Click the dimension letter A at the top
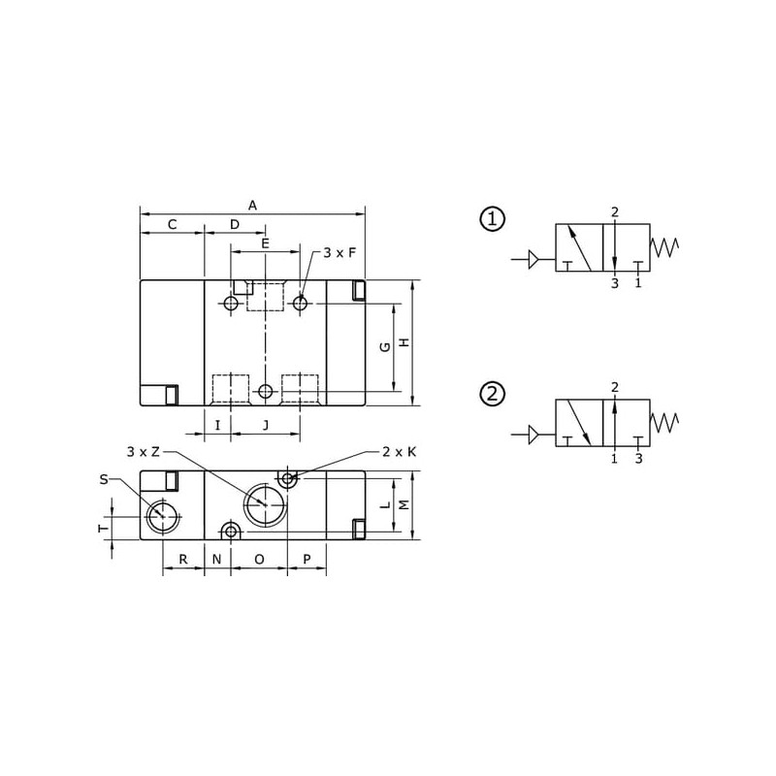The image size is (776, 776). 252,206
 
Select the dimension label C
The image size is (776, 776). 173,225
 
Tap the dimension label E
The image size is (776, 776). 265,243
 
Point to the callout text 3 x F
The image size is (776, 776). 339,253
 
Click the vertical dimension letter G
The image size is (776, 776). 385,347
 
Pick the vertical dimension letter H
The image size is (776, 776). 404,342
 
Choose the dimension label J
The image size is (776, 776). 266,425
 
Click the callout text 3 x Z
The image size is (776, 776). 143,452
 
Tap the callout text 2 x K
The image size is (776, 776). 400,452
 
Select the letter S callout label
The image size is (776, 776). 104,479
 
